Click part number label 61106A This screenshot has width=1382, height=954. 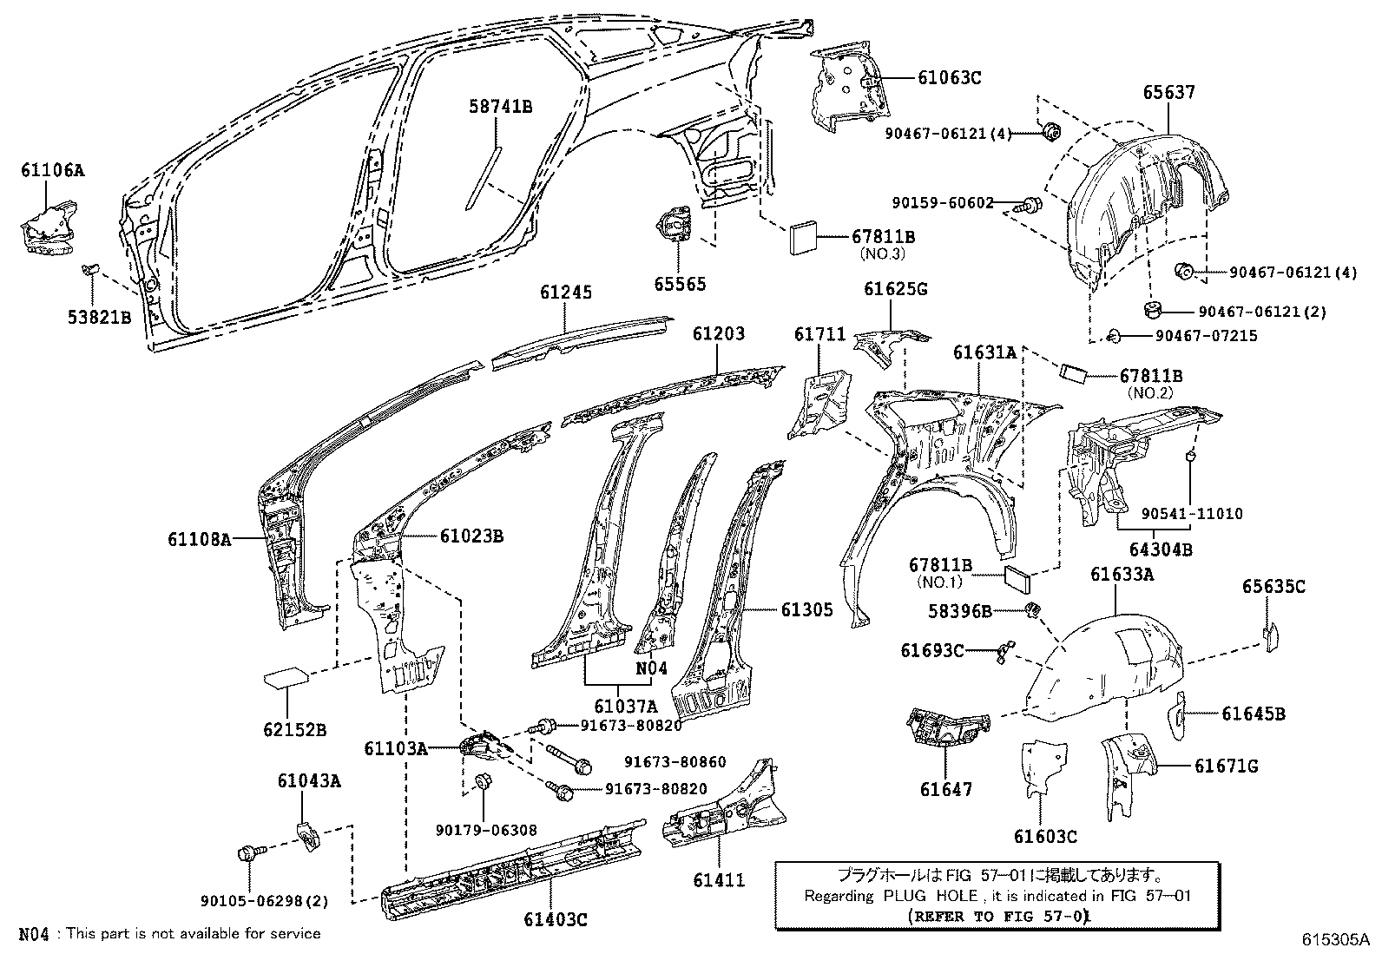pos(53,170)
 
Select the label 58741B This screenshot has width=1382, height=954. pos(501,107)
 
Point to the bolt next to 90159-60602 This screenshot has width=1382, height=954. pos(1031,206)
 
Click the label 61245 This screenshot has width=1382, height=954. pos(565,293)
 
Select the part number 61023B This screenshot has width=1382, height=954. pos(471,536)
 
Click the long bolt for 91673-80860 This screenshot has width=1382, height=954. pos(569,757)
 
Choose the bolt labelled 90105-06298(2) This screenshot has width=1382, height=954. pos(247,853)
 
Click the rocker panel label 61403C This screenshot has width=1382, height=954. pos(556,919)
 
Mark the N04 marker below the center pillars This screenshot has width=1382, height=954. pos(651,668)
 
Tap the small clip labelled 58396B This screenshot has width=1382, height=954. pos(1033,609)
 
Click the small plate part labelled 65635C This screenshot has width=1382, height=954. pos(1270,635)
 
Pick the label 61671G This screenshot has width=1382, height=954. pos(1226,766)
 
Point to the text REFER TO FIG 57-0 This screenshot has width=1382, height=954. pos(998,916)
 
